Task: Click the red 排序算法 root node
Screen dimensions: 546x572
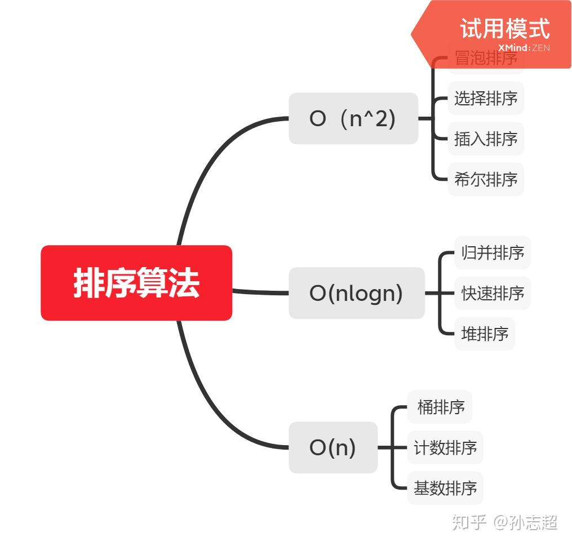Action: pyautogui.click(x=136, y=283)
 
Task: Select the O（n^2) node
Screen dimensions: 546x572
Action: pyautogui.click(x=353, y=118)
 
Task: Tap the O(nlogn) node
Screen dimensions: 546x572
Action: pyautogui.click(x=356, y=293)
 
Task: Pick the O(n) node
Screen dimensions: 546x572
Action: pyautogui.click(x=332, y=447)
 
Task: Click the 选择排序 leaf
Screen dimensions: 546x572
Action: pyautogui.click(x=485, y=98)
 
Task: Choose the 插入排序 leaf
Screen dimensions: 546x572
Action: pyautogui.click(x=485, y=139)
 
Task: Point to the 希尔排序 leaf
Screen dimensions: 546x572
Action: pyautogui.click(x=485, y=179)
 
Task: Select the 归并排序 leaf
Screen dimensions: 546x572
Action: pyautogui.click(x=492, y=252)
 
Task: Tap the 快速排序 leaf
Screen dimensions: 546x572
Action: pyautogui.click(x=492, y=293)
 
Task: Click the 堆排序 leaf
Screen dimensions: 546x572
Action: pyautogui.click(x=484, y=334)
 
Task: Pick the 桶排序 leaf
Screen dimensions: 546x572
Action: pyautogui.click(x=440, y=407)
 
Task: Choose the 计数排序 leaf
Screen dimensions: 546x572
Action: pyautogui.click(x=445, y=447)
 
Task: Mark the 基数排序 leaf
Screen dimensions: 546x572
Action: pyautogui.click(x=445, y=488)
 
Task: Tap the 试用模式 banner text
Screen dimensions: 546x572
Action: pyautogui.click(x=504, y=28)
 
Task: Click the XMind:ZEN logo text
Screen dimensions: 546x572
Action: pyautogui.click(x=524, y=48)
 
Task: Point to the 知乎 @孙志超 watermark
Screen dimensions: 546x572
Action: pyautogui.click(x=504, y=522)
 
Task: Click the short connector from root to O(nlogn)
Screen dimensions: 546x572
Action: pyautogui.click(x=260, y=292)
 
